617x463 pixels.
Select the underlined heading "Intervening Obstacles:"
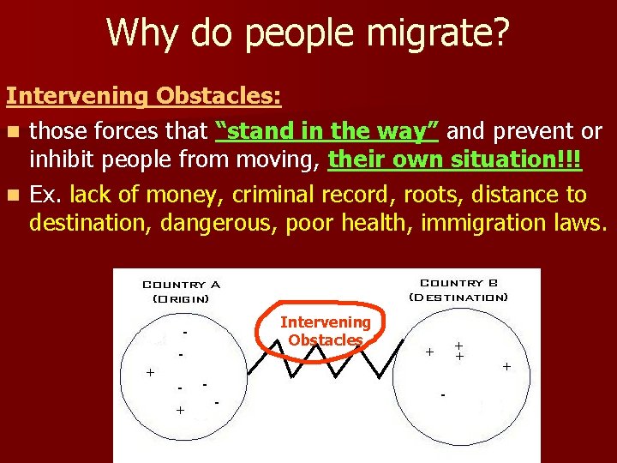(144, 96)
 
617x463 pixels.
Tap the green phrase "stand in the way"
(328, 130)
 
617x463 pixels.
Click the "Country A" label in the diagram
(181, 284)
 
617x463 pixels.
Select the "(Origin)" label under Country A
(181, 298)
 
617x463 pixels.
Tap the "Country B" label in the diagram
(458, 283)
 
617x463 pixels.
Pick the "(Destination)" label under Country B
(458, 297)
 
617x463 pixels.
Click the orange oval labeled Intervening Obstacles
(326, 331)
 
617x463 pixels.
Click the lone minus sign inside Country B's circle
(442, 395)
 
